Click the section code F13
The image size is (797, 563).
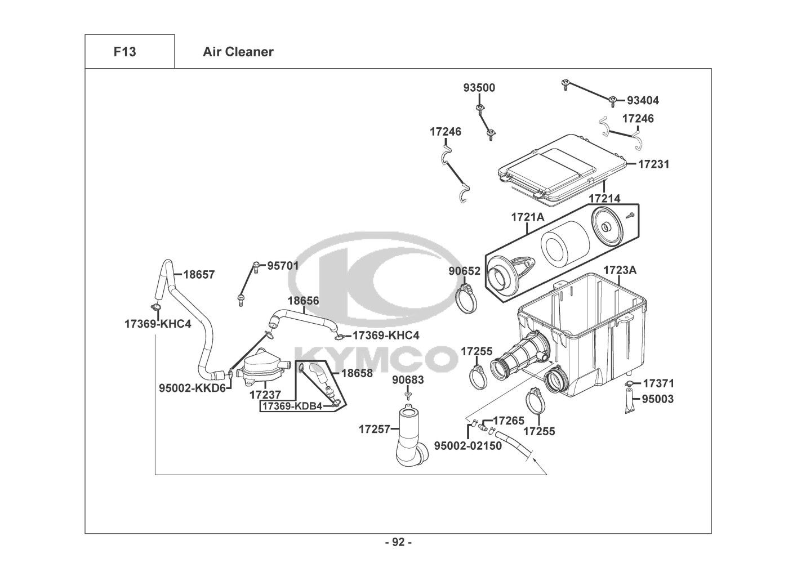point(124,52)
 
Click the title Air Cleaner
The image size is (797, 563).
point(238,52)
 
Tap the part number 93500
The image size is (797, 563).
point(479,88)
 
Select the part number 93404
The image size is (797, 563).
point(643,101)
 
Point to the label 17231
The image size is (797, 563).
point(653,164)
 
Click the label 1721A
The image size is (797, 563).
point(528,217)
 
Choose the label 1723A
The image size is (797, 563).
point(620,270)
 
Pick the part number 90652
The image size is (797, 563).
point(464,271)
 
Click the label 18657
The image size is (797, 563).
point(199,275)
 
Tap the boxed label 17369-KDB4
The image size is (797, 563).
point(292,406)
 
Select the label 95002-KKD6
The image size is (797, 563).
point(193,388)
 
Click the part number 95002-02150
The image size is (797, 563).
point(468,446)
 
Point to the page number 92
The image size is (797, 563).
point(399,542)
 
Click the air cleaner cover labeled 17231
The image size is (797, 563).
point(563,171)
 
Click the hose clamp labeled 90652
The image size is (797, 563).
point(466,299)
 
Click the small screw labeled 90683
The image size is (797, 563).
point(408,395)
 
